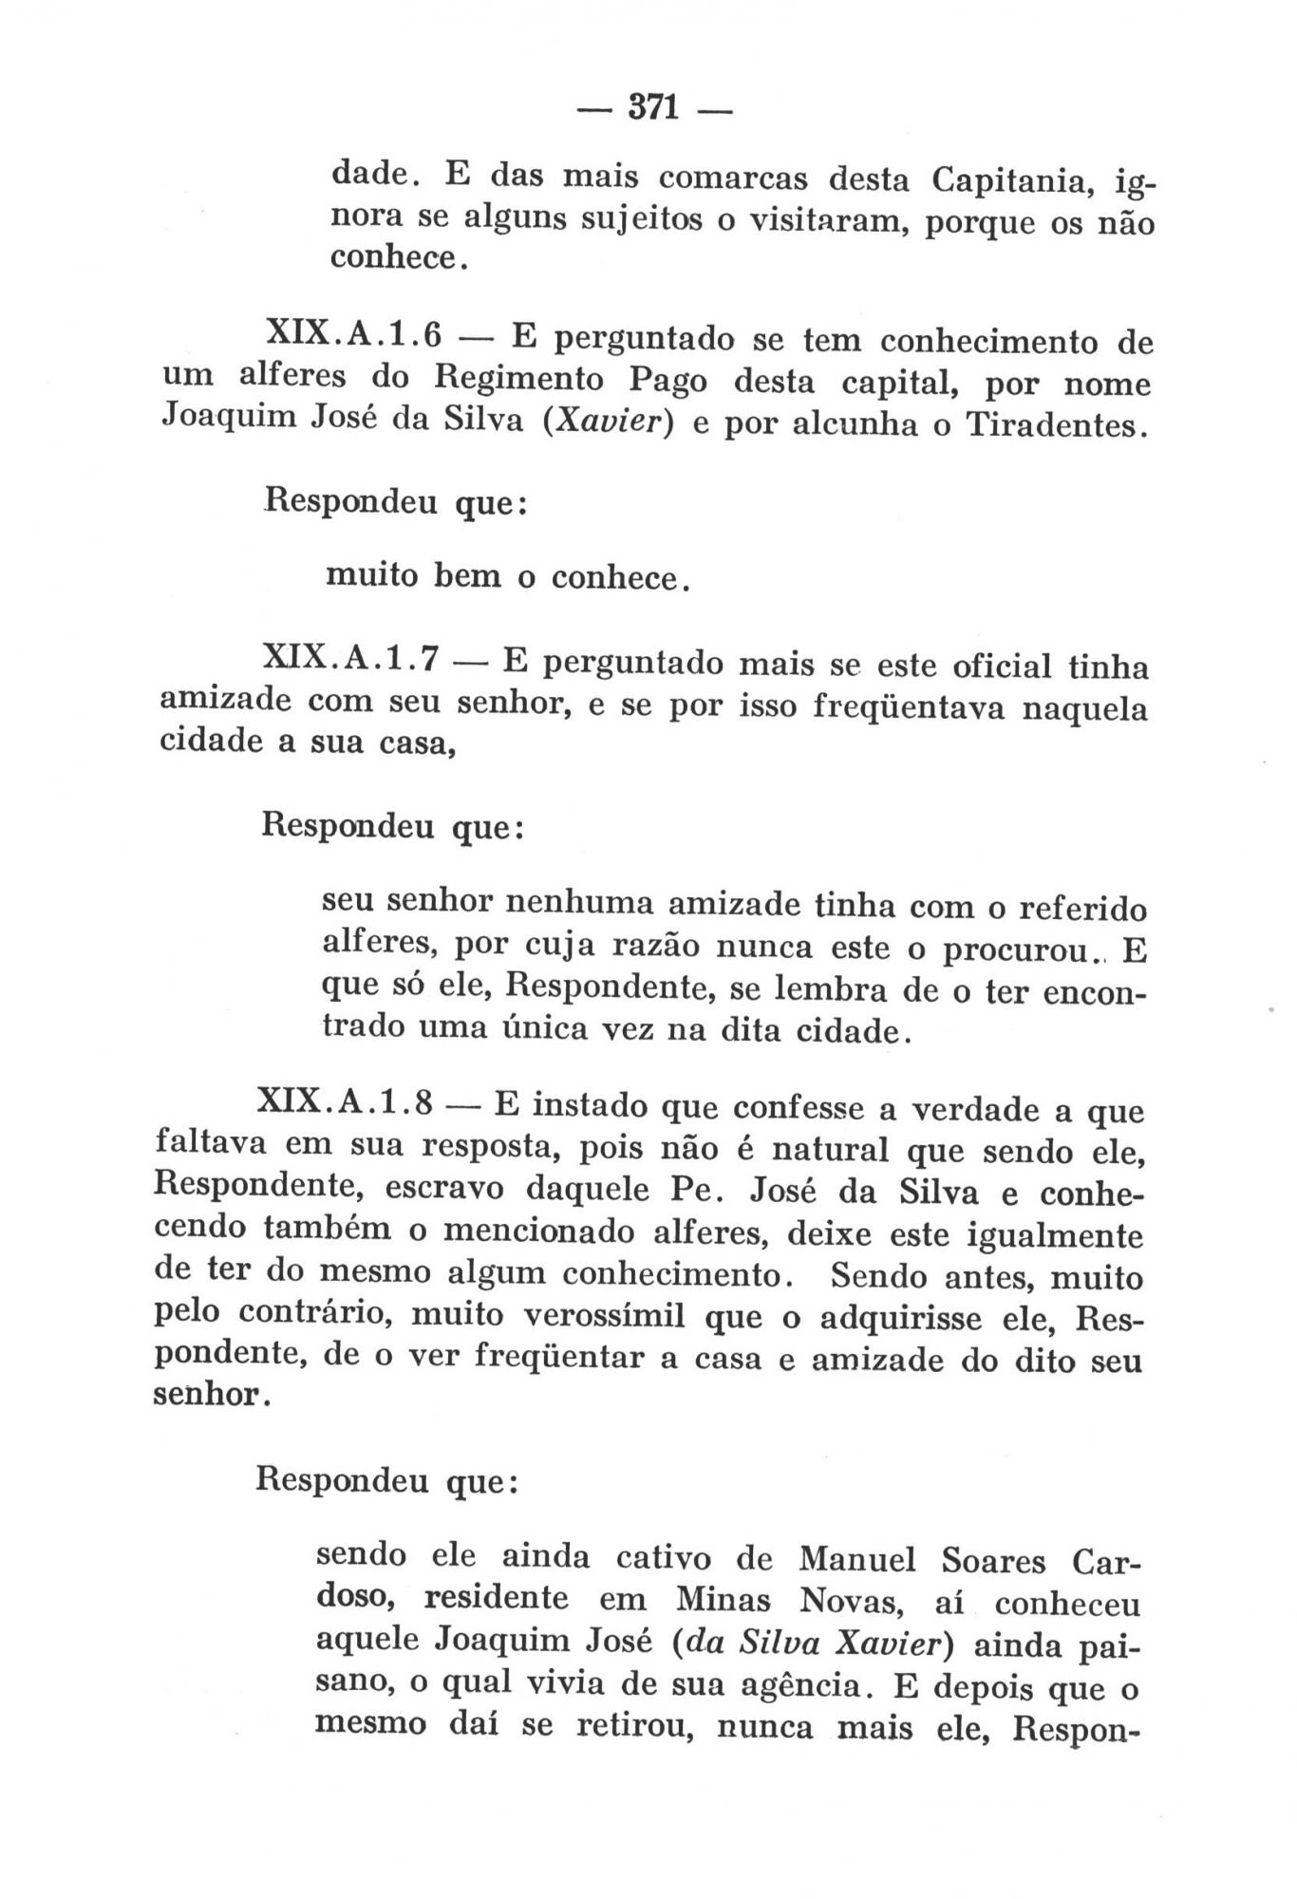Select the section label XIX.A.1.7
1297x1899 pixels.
pyautogui.click(x=350, y=659)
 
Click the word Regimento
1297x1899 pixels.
pyautogui.click(x=519, y=380)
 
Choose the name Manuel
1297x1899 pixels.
pyautogui.click(x=857, y=1559)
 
